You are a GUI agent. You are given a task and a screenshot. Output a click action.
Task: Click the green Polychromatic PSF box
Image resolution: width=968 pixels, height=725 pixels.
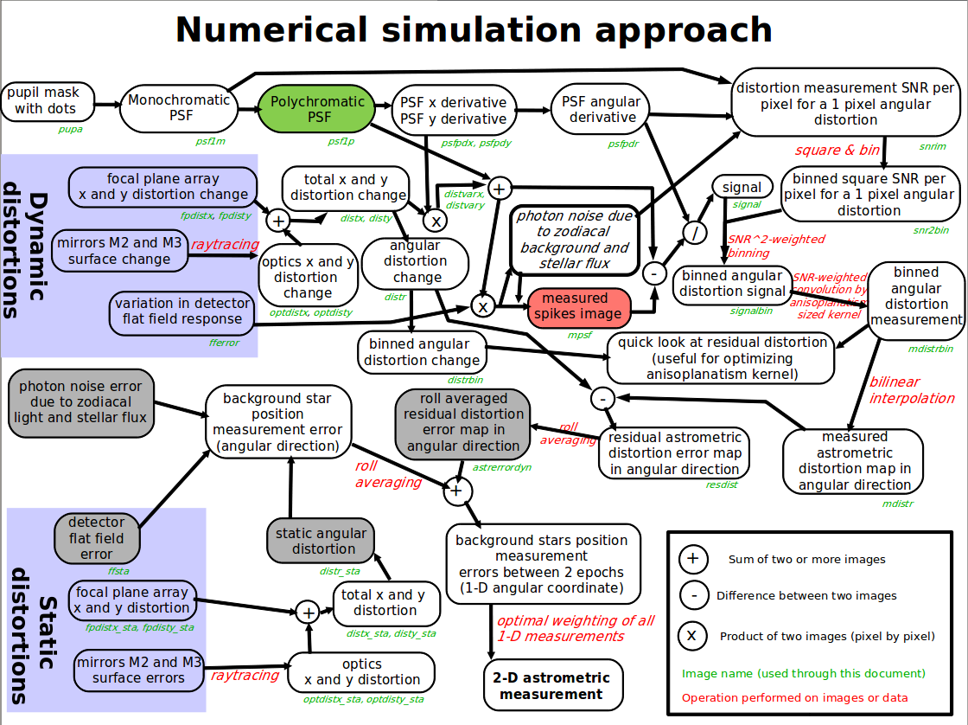[x=317, y=109]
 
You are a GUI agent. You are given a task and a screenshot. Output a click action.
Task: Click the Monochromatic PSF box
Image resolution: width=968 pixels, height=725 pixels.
[x=180, y=107]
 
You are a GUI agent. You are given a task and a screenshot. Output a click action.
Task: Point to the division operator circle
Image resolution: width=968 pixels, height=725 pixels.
[x=691, y=232]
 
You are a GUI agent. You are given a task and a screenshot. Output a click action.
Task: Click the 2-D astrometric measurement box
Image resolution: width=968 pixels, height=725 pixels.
[x=551, y=685]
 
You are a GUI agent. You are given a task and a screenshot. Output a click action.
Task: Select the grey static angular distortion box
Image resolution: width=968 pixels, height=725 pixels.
[x=321, y=541]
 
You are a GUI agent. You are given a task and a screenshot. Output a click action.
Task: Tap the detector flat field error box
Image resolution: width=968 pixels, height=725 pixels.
[x=97, y=538]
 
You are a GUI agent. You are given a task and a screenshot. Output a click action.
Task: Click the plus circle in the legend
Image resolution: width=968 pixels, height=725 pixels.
[x=691, y=559]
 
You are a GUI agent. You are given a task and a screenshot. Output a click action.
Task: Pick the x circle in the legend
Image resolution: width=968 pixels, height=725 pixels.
[x=691, y=636]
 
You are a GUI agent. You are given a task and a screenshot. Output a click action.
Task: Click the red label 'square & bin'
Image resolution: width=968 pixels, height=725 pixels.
[x=837, y=150]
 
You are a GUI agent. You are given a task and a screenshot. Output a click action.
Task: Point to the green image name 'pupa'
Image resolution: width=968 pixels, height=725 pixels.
[x=70, y=129]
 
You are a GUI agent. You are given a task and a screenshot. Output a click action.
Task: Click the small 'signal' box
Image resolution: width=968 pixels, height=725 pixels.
[x=742, y=187]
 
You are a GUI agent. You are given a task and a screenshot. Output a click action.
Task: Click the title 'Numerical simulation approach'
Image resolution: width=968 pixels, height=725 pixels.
[x=474, y=29]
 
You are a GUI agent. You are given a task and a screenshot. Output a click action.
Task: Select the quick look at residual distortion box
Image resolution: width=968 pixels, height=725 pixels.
[x=721, y=358]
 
